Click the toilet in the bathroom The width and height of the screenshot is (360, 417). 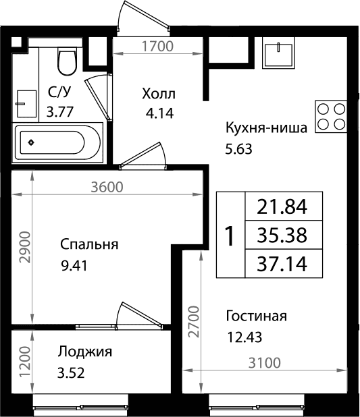click(67, 61)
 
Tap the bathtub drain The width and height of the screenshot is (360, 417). click(32, 142)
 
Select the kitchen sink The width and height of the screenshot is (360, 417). click(278, 53)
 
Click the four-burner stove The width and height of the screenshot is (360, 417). click(331, 117)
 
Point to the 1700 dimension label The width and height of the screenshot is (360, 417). click(157, 46)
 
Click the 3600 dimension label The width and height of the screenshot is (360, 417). click(107, 187)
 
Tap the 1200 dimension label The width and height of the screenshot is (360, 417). click(26, 362)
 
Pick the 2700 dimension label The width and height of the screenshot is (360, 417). click(194, 322)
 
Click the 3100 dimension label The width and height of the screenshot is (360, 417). click(264, 363)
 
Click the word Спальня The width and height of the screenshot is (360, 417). click(89, 244)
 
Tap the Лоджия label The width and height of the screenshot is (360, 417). click(85, 352)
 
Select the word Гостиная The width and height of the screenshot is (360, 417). click(256, 316)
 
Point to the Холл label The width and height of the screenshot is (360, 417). click(159, 94)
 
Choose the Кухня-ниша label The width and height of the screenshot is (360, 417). click(266, 128)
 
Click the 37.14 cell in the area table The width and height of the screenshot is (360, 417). click(284, 264)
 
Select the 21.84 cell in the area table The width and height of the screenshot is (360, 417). click(284, 206)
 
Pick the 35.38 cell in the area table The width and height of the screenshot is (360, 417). click(284, 235)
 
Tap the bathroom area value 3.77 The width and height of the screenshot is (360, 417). click(59, 112)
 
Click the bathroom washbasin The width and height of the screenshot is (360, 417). click(26, 103)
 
